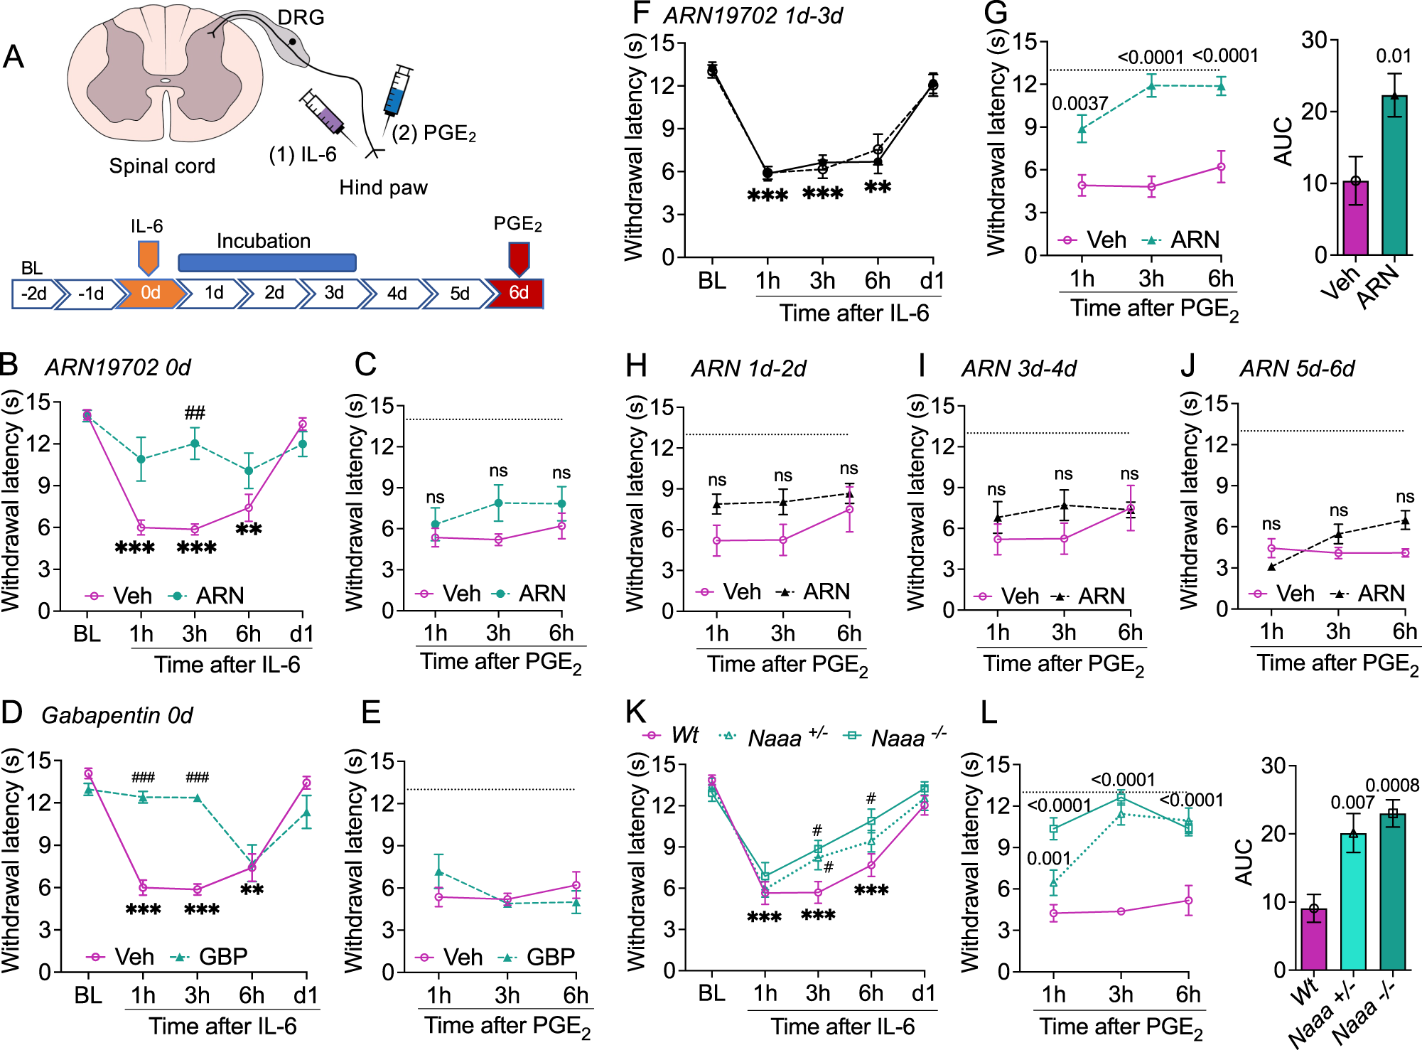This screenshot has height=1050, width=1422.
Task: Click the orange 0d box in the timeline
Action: click(x=151, y=293)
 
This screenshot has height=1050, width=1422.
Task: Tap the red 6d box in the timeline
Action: click(x=518, y=293)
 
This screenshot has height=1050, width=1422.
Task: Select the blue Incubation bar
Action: click(x=266, y=262)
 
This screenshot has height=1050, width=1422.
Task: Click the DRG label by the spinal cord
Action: click(x=301, y=17)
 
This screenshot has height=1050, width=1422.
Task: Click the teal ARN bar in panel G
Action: click(x=1394, y=178)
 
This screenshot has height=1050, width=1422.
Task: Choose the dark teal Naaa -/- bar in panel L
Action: click(x=1393, y=893)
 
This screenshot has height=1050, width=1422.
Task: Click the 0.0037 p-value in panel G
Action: click(x=1079, y=105)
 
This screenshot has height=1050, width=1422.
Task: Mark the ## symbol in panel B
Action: click(x=195, y=413)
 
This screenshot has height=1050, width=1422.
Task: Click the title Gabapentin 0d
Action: click(x=117, y=715)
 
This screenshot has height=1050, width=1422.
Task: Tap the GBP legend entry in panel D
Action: click(x=210, y=957)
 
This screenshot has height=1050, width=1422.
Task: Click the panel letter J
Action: click(x=1188, y=366)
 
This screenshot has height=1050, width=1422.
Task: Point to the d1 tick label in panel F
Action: click(x=932, y=282)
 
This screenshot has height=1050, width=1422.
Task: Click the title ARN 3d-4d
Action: click(x=1018, y=369)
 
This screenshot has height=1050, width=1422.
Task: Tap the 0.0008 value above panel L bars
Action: click(x=1392, y=786)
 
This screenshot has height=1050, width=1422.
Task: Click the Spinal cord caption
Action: click(x=162, y=166)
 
